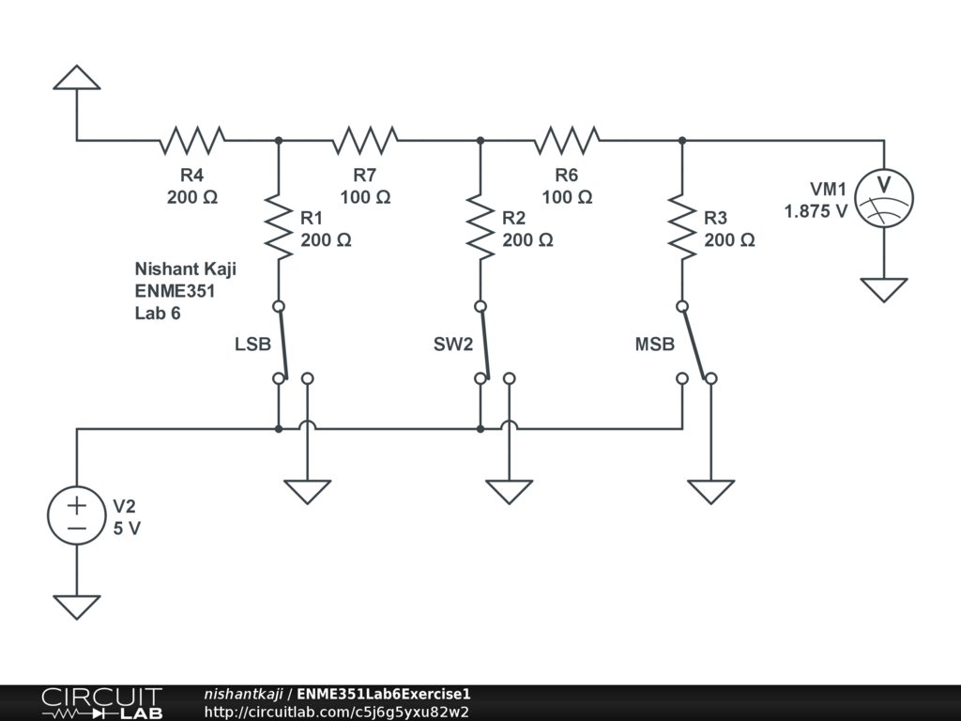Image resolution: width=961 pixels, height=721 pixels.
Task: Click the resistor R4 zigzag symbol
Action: click(x=192, y=140)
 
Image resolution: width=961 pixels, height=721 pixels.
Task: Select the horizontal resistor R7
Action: click(x=365, y=140)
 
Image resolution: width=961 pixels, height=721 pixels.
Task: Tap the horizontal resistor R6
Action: click(x=567, y=140)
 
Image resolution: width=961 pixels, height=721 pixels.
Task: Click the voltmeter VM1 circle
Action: click(x=884, y=197)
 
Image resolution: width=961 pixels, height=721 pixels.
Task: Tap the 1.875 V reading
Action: click(x=816, y=211)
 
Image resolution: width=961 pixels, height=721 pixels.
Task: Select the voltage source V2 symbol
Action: click(x=77, y=515)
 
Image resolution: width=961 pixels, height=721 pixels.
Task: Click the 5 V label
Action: click(x=127, y=529)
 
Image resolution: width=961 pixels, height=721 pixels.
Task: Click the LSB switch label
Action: click(x=252, y=345)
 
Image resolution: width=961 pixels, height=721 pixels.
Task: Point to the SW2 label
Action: click(x=453, y=345)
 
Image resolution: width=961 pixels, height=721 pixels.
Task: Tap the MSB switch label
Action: click(x=654, y=345)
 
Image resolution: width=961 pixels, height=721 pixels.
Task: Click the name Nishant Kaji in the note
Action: click(x=185, y=269)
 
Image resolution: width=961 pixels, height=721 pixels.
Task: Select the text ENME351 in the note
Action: click(x=175, y=291)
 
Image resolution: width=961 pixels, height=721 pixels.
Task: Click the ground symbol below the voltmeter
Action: click(x=884, y=289)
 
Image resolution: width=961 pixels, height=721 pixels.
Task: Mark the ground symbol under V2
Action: click(x=77, y=606)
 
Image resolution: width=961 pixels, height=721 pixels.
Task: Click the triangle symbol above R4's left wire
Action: click(x=77, y=78)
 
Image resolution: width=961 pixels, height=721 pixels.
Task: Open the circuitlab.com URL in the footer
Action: click(x=336, y=712)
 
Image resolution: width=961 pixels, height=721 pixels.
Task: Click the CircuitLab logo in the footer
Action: click(x=101, y=703)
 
